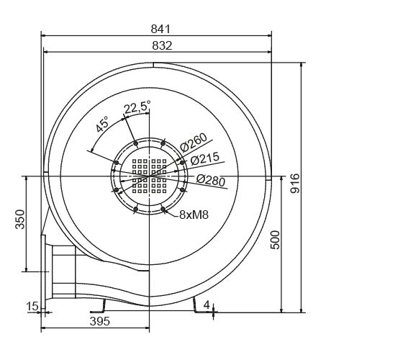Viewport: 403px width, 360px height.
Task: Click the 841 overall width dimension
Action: click(160, 28)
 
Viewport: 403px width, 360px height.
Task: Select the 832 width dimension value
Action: click(160, 45)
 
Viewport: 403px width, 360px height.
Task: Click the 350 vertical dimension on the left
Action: click(19, 220)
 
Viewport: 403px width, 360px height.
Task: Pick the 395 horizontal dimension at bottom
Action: click(99, 322)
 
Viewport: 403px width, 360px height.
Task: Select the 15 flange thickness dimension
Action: click(32, 307)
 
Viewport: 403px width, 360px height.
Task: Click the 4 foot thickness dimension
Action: click(207, 305)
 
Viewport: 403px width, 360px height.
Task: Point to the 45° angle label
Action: click(103, 124)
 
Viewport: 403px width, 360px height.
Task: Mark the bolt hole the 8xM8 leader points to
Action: click(165, 209)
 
